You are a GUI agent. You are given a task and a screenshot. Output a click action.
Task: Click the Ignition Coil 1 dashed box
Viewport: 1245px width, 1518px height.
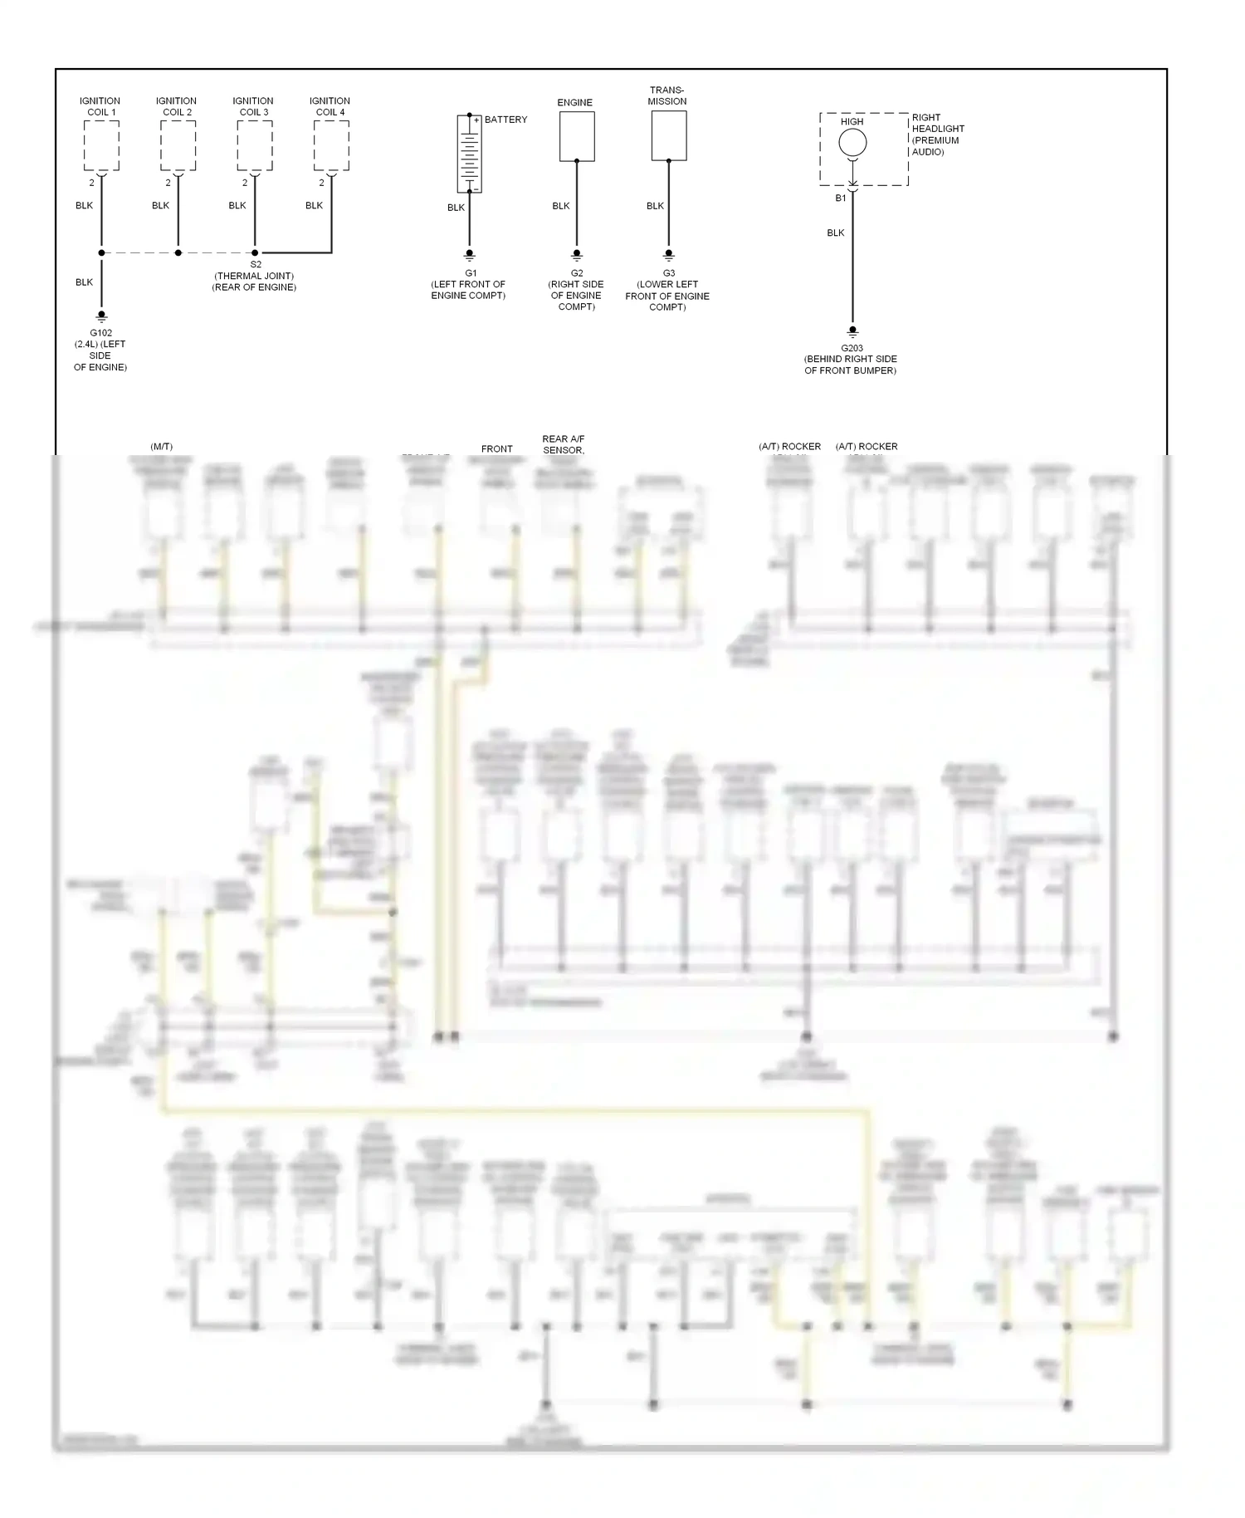[101, 146]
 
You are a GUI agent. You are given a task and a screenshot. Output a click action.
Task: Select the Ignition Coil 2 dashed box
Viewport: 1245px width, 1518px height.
[178, 146]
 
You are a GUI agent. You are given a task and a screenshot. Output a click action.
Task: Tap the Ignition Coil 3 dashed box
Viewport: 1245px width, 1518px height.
[254, 146]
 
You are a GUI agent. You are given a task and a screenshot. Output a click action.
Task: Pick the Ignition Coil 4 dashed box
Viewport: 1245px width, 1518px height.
[331, 146]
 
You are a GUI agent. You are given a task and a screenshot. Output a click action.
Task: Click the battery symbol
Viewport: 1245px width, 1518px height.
[469, 154]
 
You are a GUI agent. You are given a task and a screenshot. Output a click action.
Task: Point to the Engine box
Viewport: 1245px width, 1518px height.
[576, 136]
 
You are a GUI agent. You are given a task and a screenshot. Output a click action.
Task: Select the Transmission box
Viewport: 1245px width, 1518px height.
[668, 135]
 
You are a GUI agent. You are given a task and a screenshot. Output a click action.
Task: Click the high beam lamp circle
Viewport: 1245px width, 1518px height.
[852, 143]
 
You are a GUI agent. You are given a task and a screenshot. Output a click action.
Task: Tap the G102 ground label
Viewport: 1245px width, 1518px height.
[100, 333]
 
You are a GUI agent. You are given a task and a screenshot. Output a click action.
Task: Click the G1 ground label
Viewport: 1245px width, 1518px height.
[470, 273]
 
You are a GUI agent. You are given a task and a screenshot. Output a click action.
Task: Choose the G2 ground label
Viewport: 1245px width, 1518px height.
[577, 273]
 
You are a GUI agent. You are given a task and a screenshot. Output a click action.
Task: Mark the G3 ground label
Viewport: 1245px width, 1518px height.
[668, 273]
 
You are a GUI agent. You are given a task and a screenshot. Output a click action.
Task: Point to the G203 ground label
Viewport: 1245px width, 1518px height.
[852, 349]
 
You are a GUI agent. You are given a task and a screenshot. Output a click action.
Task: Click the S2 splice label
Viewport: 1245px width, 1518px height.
[255, 265]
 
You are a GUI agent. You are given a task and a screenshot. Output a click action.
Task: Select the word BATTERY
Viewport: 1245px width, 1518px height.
[505, 120]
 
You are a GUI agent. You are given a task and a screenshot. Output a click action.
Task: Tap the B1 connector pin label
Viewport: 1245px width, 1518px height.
[840, 198]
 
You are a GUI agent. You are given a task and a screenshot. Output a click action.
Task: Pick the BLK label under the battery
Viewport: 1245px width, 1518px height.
[456, 208]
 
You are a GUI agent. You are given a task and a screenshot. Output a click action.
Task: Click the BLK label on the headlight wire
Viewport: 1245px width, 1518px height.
[835, 233]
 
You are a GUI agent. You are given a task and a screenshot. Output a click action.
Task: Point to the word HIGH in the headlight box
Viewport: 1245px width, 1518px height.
[852, 122]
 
